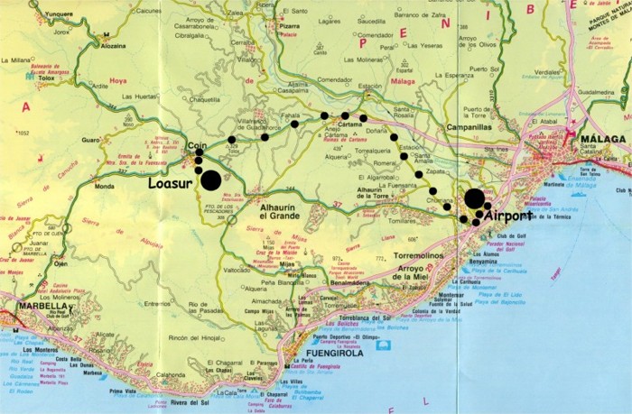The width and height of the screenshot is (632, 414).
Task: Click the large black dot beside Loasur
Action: coord(209,180)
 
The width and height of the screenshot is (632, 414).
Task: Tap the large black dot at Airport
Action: coord(474,198)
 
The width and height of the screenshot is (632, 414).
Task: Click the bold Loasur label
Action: coord(171,183)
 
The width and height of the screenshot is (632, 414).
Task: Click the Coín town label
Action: coord(198,144)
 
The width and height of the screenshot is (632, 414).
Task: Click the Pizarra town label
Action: coord(289,26)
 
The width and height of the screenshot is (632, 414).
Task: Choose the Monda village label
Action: coord(105,187)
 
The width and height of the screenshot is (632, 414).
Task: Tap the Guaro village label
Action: coord(89,140)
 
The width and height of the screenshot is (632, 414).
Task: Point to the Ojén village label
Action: coord(60,264)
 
